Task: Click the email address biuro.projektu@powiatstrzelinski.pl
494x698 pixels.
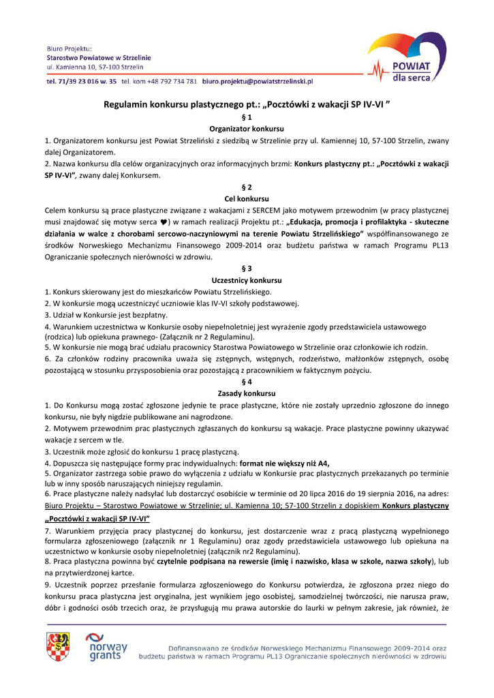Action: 257,81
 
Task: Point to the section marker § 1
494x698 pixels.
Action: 247,117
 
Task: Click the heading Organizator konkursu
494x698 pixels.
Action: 247,129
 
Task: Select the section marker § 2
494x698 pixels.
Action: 247,187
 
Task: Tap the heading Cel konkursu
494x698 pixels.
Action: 247,198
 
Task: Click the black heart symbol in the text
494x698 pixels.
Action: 163,222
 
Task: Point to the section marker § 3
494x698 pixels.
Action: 247,269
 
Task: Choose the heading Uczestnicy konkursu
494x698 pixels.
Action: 247,280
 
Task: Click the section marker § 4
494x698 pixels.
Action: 247,382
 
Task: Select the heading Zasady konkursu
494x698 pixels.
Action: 247,394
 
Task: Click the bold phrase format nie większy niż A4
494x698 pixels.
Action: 279,463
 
